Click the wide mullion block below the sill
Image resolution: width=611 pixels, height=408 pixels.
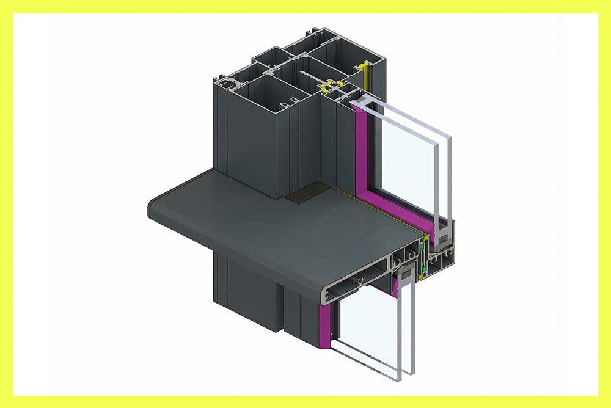coord(244,287)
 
